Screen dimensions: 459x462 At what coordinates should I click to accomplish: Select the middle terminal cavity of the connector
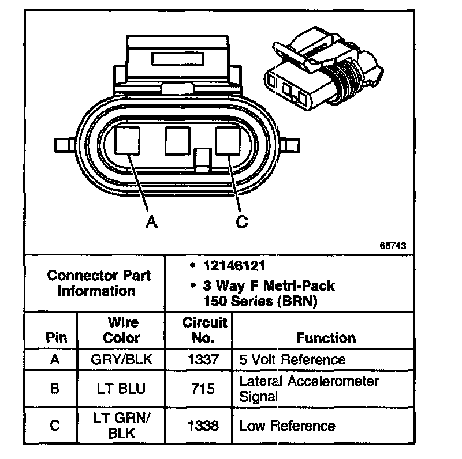pyautogui.click(x=177, y=140)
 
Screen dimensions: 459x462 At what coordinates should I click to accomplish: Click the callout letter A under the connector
pyautogui.click(x=151, y=221)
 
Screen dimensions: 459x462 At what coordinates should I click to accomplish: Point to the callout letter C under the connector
pyautogui.click(x=242, y=221)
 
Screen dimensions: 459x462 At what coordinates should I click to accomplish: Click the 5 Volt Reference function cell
pyautogui.click(x=292, y=360)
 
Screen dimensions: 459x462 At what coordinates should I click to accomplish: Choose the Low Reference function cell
pyautogui.click(x=287, y=426)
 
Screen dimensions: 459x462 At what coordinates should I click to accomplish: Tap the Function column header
pyautogui.click(x=326, y=337)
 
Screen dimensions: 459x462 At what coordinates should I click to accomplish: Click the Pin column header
pyautogui.click(x=56, y=337)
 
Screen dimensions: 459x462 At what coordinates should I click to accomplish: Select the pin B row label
pyautogui.click(x=55, y=388)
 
